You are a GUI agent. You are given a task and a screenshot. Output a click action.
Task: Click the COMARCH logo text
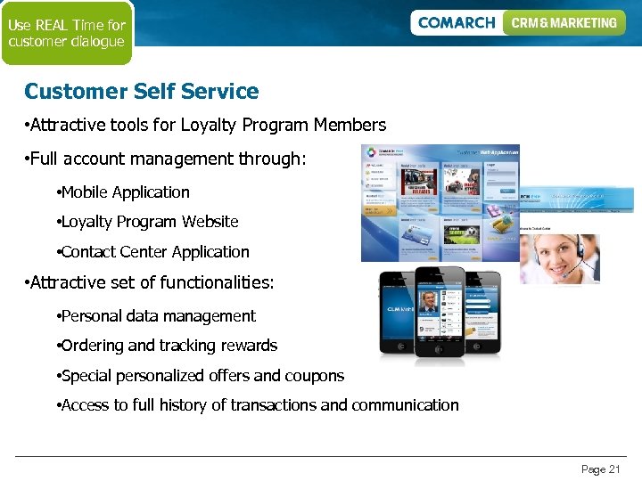tap(456, 23)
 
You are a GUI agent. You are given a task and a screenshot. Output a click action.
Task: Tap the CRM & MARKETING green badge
tap(564, 23)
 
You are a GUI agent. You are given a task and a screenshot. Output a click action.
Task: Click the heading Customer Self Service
tap(141, 91)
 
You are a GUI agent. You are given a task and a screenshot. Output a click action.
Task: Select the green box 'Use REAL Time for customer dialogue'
tap(67, 33)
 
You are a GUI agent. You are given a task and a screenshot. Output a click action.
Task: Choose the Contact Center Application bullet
tap(154, 252)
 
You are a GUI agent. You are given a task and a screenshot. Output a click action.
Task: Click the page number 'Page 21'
tap(600, 469)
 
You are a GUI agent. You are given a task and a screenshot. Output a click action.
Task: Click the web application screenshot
tap(440, 202)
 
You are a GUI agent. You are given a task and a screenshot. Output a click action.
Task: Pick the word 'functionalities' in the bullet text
tap(218, 283)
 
